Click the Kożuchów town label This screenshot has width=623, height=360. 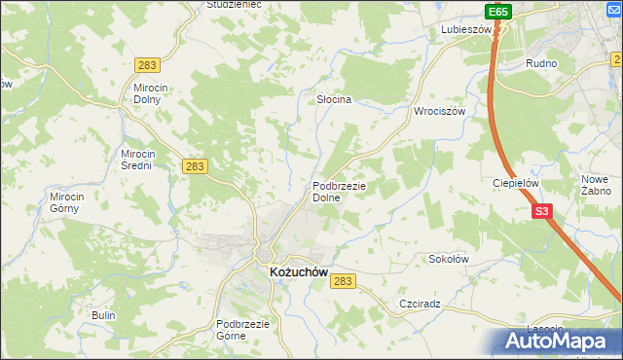(297, 274)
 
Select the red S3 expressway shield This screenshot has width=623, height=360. (541, 210)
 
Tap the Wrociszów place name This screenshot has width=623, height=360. (441, 111)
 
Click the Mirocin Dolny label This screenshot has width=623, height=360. (153, 93)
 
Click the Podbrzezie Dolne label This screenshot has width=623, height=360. (338, 192)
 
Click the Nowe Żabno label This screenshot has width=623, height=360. (594, 185)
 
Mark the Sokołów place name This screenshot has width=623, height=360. (450, 260)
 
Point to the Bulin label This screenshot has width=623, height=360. (103, 316)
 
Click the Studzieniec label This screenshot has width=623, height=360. (234, 5)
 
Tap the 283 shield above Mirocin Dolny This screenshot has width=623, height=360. (148, 65)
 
